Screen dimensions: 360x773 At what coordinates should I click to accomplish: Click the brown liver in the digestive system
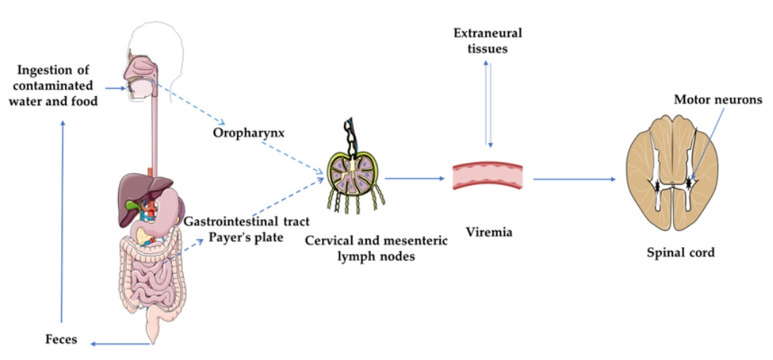(137, 191)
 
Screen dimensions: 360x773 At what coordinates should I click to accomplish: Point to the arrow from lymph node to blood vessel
(414, 177)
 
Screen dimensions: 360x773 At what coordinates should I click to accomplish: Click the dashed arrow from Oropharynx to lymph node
(291, 157)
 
